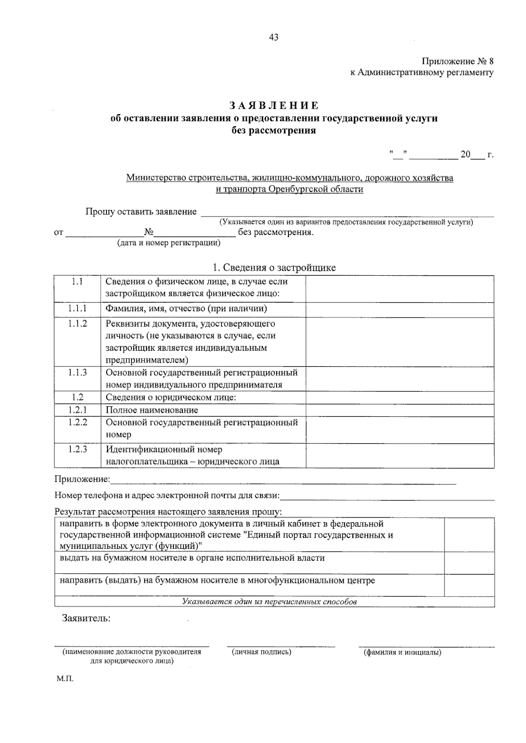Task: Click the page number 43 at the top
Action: click(x=274, y=37)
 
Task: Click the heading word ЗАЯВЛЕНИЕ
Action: click(x=274, y=106)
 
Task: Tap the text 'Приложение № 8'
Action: click(x=458, y=61)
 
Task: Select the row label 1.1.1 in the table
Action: click(x=77, y=309)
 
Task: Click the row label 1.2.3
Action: click(x=77, y=449)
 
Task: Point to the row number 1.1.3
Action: click(x=77, y=373)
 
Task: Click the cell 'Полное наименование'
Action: click(x=152, y=410)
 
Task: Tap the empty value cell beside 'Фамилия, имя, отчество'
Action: click(x=399, y=309)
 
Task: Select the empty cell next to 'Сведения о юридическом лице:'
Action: click(x=399, y=398)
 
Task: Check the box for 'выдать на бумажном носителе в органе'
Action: click(x=469, y=562)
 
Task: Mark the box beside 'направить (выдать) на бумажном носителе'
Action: click(x=469, y=584)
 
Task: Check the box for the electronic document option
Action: click(x=469, y=535)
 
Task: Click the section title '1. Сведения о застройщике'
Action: click(x=274, y=267)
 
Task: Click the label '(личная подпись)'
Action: click(x=262, y=652)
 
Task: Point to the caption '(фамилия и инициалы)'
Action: click(x=402, y=652)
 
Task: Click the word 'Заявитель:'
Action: click(x=86, y=619)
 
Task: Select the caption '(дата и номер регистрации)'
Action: click(x=168, y=243)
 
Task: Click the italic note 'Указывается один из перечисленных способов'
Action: click(x=269, y=602)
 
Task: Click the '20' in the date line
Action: click(x=465, y=155)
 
